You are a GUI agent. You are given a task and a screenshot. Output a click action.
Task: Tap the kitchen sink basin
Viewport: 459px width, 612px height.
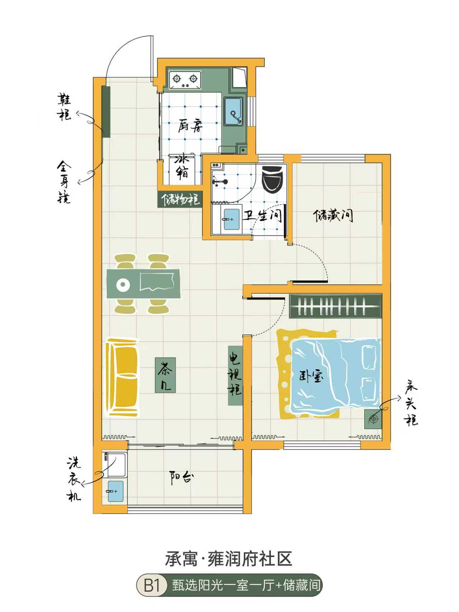tap(233, 112)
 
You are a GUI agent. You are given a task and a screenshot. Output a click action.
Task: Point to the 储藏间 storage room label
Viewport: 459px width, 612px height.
tap(333, 215)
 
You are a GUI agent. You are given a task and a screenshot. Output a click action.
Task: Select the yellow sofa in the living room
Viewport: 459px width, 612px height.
tap(121, 377)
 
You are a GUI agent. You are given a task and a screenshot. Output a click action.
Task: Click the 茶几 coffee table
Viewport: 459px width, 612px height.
tap(165, 375)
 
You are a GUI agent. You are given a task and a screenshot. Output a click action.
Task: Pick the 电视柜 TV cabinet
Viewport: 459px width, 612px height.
tap(235, 375)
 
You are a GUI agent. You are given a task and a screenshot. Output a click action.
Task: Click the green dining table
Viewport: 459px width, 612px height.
tap(143, 284)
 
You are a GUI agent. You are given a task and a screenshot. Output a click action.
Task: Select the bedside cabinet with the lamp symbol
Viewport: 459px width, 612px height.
tap(373, 419)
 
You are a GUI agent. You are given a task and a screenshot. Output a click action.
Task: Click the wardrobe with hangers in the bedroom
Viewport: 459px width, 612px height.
tap(335, 306)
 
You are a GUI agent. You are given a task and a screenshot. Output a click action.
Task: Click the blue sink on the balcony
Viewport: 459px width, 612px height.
tap(115, 491)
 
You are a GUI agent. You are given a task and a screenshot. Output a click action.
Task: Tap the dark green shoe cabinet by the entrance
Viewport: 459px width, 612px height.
tap(106, 112)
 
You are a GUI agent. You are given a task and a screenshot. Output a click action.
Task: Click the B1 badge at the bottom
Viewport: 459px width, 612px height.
tap(152, 586)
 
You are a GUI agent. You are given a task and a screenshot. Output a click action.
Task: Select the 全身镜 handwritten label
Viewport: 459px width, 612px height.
tap(65, 182)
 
